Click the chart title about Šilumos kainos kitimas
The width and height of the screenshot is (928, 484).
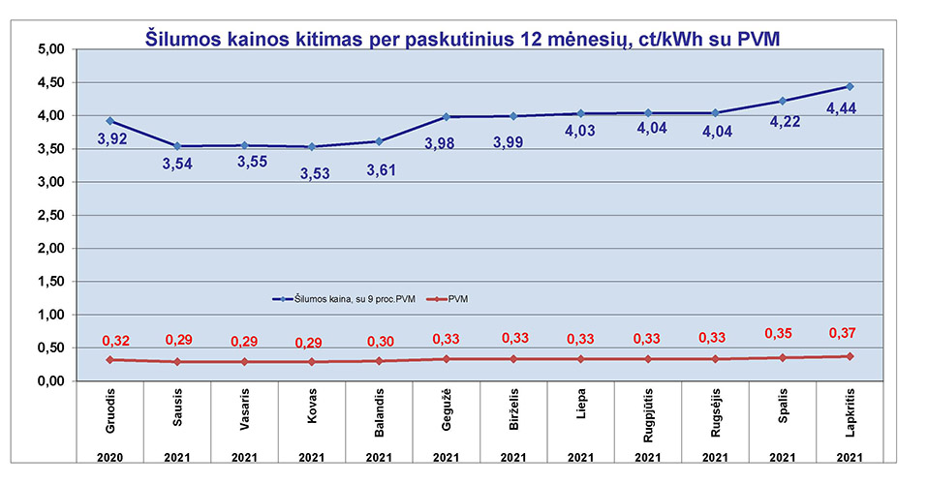[x=463, y=39]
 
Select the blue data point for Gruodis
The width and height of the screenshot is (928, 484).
[x=110, y=121]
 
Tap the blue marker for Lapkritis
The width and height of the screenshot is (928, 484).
[x=850, y=86]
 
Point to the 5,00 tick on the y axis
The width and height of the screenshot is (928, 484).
[x=49, y=49]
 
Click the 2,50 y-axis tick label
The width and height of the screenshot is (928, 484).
[x=49, y=216]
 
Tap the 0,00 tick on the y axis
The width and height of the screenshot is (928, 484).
[x=49, y=382]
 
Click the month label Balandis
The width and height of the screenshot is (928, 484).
[x=380, y=413]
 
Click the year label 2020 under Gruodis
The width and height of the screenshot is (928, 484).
[x=110, y=457]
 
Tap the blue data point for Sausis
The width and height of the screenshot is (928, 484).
[x=177, y=146]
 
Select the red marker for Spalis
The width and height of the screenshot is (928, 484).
[x=782, y=358]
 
